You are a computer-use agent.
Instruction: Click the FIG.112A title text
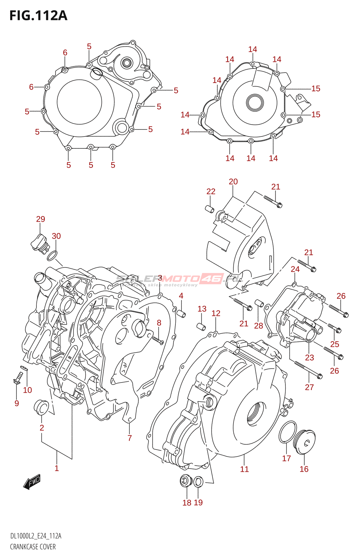38,16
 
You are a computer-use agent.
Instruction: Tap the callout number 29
41,219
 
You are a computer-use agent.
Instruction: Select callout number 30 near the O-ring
56,236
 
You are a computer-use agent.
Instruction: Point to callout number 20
233,182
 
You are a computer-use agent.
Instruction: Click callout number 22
211,191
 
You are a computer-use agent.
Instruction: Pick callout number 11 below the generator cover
244,469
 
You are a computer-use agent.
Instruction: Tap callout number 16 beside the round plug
304,469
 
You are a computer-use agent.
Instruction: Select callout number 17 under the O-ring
286,458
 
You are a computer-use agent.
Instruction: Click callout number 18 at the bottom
187,503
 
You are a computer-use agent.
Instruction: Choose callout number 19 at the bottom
198,503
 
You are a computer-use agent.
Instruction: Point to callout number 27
309,387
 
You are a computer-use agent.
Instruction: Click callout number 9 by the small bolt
16,403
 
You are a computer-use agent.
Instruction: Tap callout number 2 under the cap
42,428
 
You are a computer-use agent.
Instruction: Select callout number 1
57,468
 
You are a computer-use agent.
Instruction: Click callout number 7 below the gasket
130,438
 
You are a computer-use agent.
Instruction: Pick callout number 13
202,309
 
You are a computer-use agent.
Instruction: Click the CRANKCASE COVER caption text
33,547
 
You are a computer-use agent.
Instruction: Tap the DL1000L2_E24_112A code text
36,536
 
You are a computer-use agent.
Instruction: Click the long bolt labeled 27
308,370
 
